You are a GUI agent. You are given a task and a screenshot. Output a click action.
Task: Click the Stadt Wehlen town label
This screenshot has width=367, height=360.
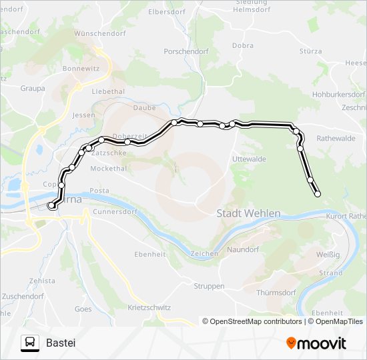(249, 213)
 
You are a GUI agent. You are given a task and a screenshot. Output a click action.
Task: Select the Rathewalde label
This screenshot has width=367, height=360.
(336, 139)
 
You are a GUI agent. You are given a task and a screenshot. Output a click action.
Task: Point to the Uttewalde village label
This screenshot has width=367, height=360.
(249, 159)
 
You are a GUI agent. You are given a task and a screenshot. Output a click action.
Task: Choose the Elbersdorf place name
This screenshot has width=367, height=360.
(167, 12)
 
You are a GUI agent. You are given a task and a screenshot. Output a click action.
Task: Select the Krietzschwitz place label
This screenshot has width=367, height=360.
(148, 308)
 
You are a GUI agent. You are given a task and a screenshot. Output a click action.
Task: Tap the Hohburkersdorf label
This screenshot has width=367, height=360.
(339, 95)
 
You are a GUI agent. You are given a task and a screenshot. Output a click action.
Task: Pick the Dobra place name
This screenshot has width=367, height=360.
(242, 45)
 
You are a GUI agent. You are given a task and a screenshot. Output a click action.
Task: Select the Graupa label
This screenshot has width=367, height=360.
(33, 88)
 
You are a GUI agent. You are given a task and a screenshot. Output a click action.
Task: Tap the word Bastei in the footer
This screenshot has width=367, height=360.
(61, 343)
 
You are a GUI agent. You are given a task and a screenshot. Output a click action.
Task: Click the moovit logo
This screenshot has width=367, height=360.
(316, 343)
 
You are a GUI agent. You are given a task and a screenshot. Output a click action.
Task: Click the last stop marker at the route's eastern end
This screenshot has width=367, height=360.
(317, 194)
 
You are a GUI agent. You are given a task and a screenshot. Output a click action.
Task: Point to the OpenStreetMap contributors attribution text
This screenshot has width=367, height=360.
(253, 321)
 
